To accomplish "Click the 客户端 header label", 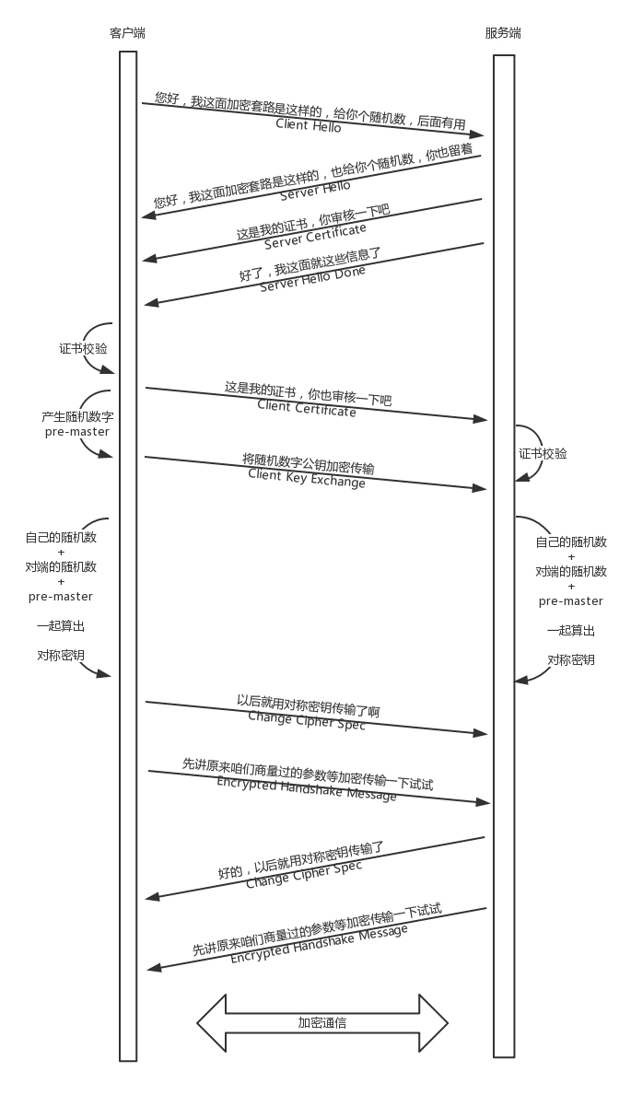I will pos(127,34).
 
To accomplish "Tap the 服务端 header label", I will pos(503,34).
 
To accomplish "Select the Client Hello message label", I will pos(309,125).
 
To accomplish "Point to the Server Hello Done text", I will pos(312,278).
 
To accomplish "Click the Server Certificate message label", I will pos(315,236).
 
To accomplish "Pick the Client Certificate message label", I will pos(307,409).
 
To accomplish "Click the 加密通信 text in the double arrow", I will pos(321,1022).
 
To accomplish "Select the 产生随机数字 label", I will pos(77,417).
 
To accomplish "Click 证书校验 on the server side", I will pos(543,454).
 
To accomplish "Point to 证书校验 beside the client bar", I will pos(83,349).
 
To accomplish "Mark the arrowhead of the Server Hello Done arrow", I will pos(150,304).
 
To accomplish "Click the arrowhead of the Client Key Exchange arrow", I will pos(481,487).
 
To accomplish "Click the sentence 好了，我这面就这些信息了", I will pos(310,263).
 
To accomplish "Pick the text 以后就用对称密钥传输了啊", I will pos(308,705).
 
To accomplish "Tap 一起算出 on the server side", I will pos(570,631).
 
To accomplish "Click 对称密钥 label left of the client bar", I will pos(61,656).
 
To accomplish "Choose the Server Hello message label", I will pos(315,192).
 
